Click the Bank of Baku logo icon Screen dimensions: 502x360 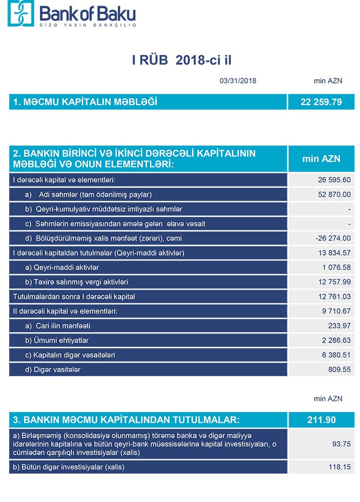[x=20, y=14]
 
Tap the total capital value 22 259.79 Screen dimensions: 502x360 [x=321, y=102]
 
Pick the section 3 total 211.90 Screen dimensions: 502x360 [x=321, y=420]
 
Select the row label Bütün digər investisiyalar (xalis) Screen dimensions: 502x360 [x=69, y=467]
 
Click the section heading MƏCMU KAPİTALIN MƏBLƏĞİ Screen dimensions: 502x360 [x=85, y=102]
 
